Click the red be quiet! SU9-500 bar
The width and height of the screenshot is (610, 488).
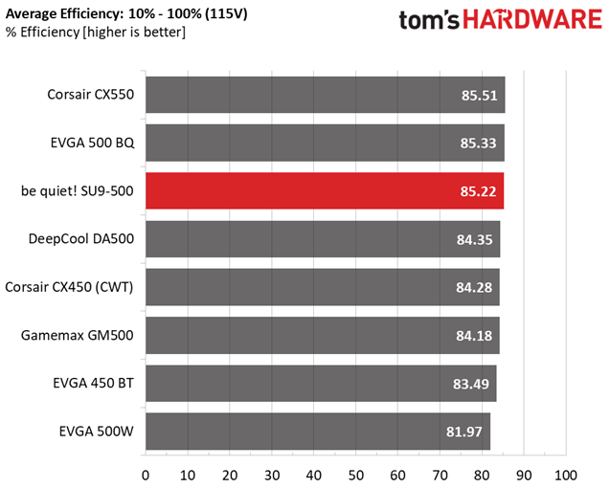[x=325, y=191]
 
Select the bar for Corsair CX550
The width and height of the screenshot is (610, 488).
[x=326, y=95]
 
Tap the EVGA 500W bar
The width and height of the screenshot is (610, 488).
[x=318, y=432]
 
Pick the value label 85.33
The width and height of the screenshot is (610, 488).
[x=478, y=144]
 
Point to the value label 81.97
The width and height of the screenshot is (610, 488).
[x=464, y=432]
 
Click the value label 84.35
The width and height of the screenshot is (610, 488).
[x=475, y=239]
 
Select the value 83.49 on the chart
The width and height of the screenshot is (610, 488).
[x=471, y=384]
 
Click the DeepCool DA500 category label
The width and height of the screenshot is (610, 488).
[x=81, y=238]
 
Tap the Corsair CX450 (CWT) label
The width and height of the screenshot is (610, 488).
[x=69, y=287]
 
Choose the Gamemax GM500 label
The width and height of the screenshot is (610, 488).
[x=77, y=335]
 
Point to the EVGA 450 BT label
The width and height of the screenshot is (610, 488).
[x=94, y=383]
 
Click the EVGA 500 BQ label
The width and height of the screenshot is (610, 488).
[x=93, y=143]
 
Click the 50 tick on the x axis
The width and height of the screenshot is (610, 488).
[x=355, y=476]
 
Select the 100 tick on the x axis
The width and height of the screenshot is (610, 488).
[x=566, y=476]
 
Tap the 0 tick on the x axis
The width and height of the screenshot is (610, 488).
[x=146, y=476]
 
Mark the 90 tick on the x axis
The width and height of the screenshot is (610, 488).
[x=524, y=476]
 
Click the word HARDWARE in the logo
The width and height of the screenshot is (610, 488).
[x=532, y=19]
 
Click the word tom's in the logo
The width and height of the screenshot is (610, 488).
[x=429, y=20]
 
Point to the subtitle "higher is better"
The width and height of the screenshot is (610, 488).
[x=134, y=32]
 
